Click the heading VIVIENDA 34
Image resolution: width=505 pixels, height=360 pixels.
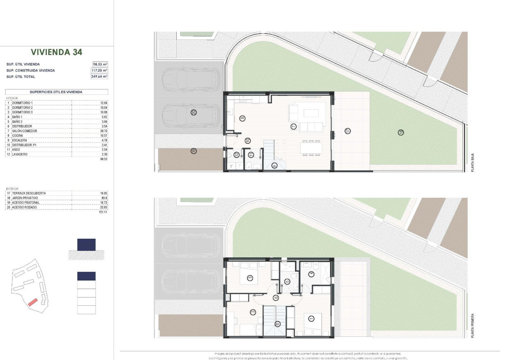(56, 52)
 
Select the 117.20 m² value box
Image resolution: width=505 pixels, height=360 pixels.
(100, 70)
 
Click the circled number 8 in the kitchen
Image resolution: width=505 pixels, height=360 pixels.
(242, 118)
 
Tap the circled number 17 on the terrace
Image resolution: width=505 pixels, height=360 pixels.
(348, 131)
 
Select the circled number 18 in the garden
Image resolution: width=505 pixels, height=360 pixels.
(401, 132)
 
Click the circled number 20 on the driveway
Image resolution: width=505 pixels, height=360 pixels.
(193, 112)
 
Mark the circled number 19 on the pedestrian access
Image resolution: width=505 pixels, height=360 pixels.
(193, 151)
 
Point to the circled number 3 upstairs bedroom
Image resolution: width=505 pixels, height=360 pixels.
(250, 278)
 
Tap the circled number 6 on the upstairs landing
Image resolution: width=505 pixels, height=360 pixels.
(276, 297)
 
